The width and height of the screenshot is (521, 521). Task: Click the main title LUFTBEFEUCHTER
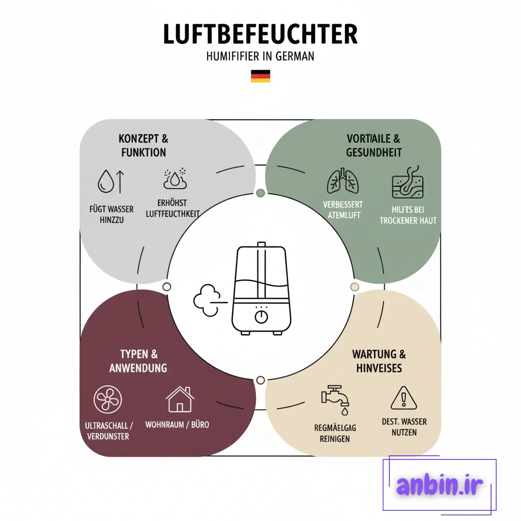(x=260, y=34)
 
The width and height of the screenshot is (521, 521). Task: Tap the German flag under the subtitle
(x=260, y=76)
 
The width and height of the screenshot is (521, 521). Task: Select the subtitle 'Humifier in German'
(x=260, y=56)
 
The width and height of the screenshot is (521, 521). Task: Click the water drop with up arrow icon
(x=111, y=182)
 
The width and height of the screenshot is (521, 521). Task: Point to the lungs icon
(x=342, y=181)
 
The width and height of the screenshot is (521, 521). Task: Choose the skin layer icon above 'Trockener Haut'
(x=408, y=182)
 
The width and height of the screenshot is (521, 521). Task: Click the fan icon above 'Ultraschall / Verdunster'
(x=108, y=399)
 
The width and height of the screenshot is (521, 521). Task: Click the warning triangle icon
(x=403, y=398)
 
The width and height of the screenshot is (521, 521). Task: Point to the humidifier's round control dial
(x=261, y=316)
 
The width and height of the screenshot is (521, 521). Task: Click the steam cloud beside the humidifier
(x=208, y=300)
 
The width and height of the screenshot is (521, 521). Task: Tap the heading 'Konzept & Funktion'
(x=143, y=145)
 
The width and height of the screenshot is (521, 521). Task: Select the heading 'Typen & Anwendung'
(x=138, y=361)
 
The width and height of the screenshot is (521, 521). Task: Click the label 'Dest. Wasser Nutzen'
(x=404, y=427)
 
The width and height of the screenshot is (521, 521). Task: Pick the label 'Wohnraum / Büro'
(x=177, y=425)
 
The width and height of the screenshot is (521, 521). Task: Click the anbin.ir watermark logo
(x=439, y=484)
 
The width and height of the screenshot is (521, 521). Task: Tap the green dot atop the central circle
(x=261, y=193)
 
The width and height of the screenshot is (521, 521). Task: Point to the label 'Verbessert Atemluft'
(x=343, y=210)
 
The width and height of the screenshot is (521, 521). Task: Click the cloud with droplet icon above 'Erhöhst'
(x=175, y=179)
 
